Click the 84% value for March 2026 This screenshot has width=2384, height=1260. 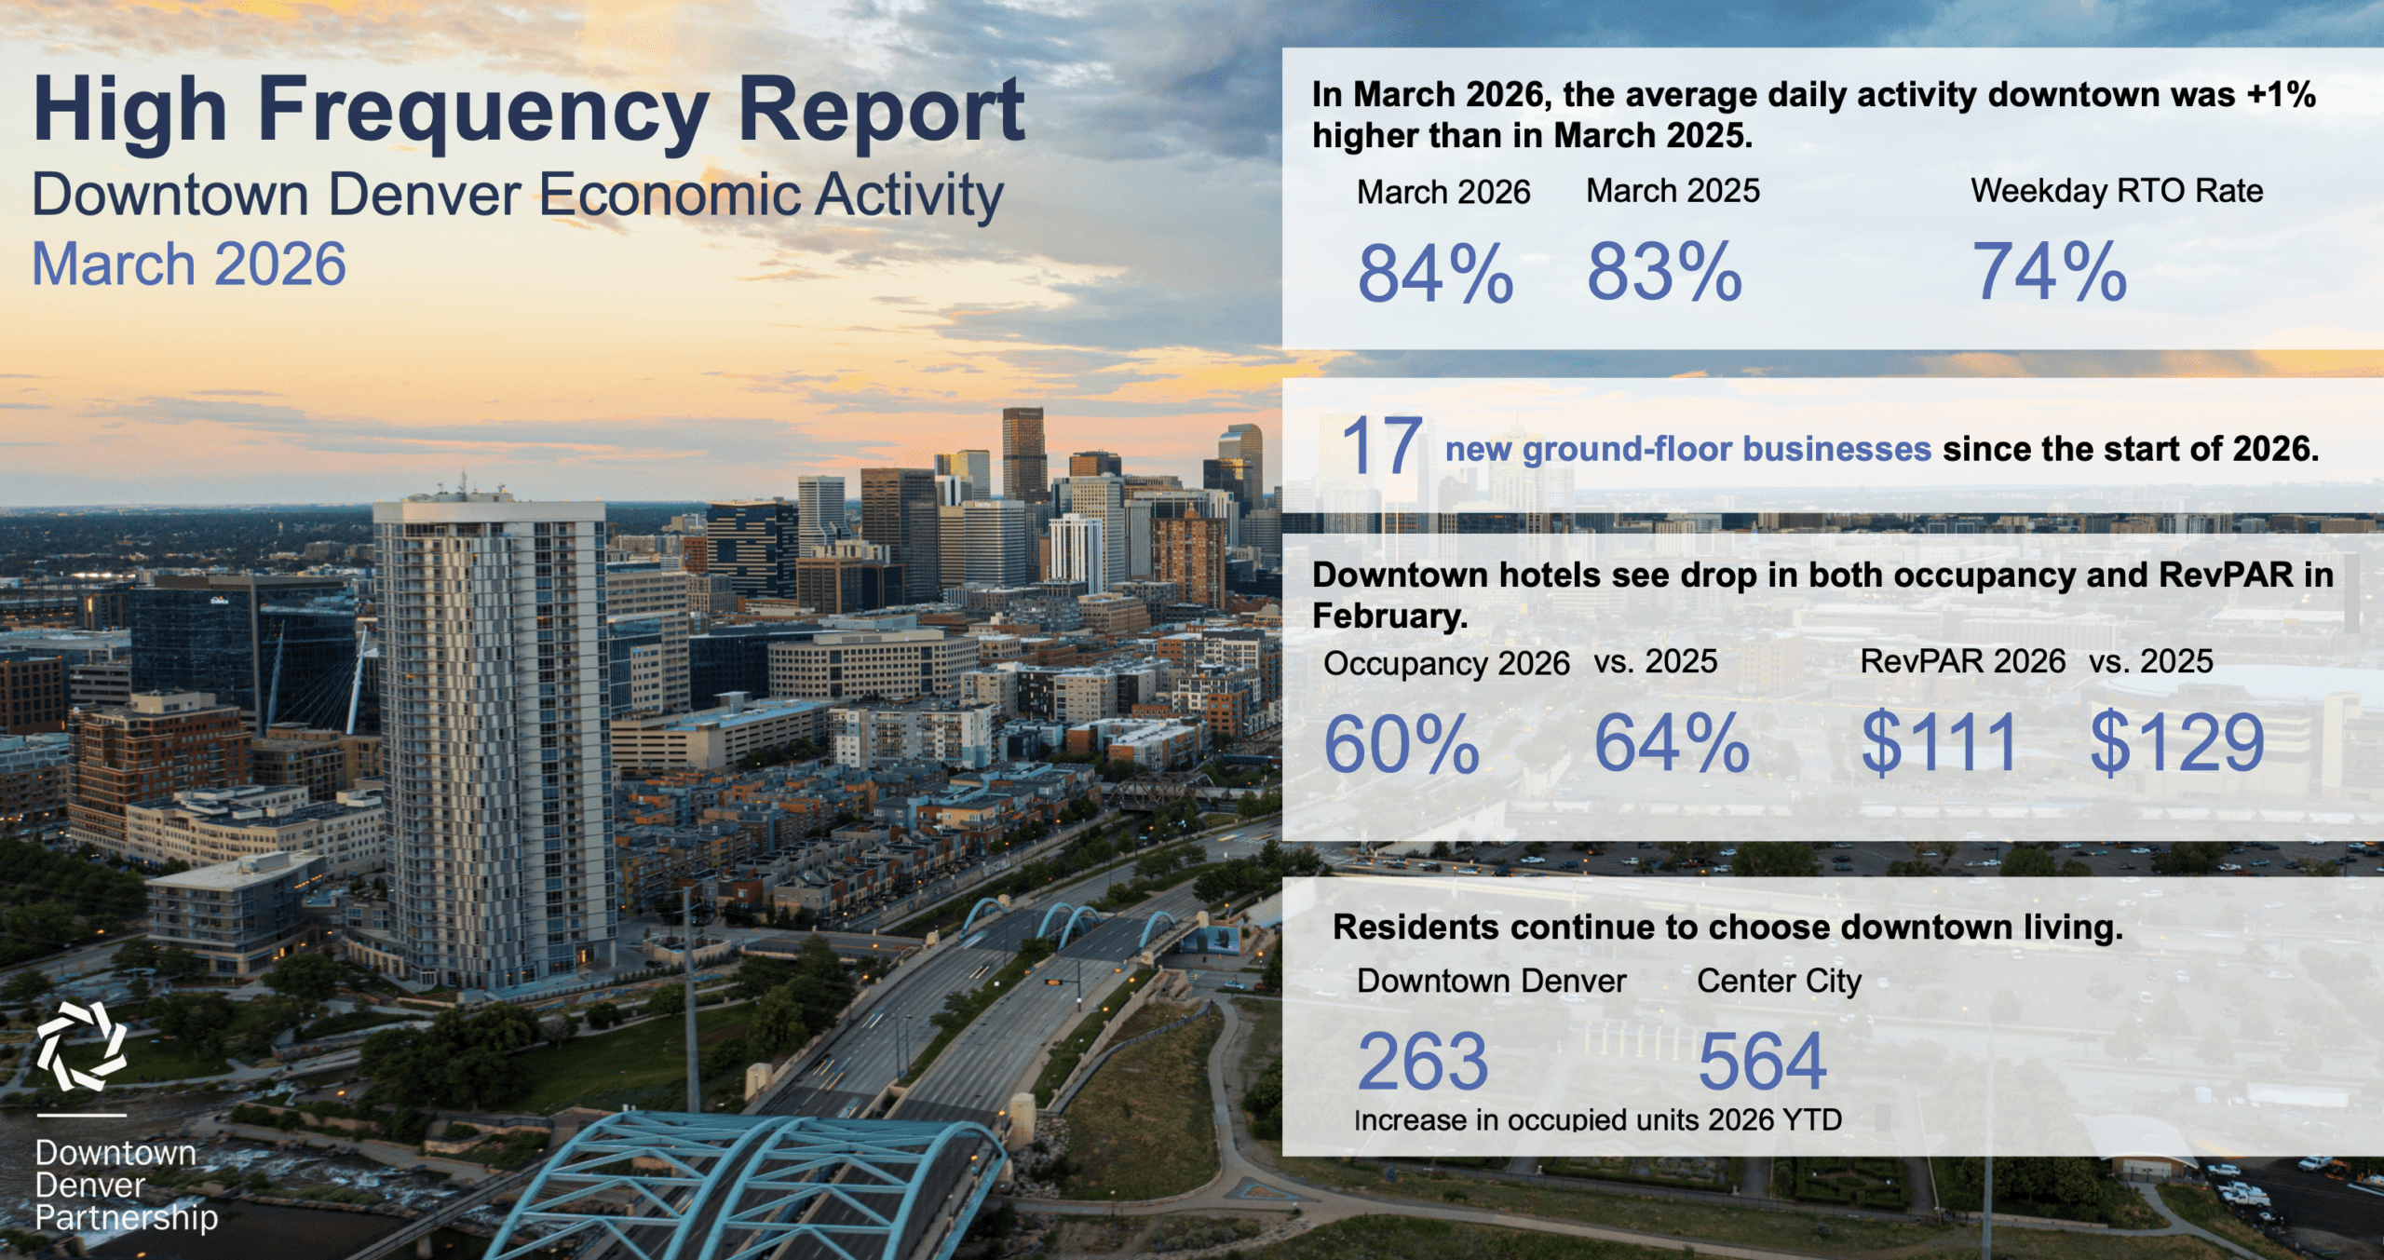pos(1435,274)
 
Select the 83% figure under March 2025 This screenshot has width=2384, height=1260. pos(1664,272)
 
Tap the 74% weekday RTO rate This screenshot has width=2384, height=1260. pos(2050,272)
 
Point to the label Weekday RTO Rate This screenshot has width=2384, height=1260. pos(2117,191)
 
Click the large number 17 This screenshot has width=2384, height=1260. pos(1382,446)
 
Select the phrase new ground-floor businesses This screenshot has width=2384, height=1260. pos(1688,449)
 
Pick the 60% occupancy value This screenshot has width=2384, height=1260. pos(1402,745)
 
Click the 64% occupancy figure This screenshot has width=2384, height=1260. pos(1673,743)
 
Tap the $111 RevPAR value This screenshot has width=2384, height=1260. pos(1939,742)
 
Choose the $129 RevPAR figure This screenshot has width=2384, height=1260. pos(2177,742)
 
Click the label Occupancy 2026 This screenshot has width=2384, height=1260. pos(1446,664)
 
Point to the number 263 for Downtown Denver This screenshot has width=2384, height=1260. pos(1423,1062)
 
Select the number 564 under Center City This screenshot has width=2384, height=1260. pos(1762,1062)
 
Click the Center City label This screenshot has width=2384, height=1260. pos(1779,982)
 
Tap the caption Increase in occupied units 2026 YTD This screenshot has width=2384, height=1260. pos(1598,1120)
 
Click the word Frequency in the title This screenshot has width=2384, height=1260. pos(483,114)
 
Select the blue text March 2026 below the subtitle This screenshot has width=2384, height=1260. pos(189,264)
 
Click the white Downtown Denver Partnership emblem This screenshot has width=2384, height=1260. pos(81,1047)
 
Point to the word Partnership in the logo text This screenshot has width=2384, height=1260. pos(127,1219)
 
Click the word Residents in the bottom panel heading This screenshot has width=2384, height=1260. pos(1400,928)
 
